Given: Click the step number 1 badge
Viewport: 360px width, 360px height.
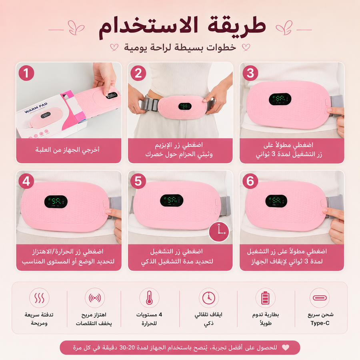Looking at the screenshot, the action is pos(26,73).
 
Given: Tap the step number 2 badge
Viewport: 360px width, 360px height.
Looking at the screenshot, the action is pos(138,73).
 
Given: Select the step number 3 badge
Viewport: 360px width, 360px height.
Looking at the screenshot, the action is pos(250,73).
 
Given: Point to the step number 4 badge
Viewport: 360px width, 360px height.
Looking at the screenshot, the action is pos(26,181).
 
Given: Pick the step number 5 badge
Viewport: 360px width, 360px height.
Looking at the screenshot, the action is pos(138,181).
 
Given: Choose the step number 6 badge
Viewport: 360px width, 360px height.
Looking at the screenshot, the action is pos(250,181).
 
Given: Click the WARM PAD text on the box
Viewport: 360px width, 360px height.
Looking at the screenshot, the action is pos(36,108).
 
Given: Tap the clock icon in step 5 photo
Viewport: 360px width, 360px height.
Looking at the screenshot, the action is pos(219,232).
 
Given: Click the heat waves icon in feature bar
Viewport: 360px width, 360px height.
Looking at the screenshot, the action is pos(39,298).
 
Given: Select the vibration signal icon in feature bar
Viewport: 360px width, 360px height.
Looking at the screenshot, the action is pos(94,298).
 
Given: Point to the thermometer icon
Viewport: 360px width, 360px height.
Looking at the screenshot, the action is pos(149,298).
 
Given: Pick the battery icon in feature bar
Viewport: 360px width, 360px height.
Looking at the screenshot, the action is pos(266,298).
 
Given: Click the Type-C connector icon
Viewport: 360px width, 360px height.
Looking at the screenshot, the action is pos(320,298).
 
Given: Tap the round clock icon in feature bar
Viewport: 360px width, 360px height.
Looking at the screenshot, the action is pos(209,298).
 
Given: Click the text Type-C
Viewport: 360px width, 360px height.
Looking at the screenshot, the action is pos(320,323).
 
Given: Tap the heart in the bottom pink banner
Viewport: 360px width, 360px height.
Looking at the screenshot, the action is pos(285,348).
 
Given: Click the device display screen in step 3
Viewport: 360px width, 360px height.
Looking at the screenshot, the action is pos(280,99).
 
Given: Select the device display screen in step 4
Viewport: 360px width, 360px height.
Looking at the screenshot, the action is pos(56,202).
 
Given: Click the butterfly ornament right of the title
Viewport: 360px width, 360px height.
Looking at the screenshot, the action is pos(284,28).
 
